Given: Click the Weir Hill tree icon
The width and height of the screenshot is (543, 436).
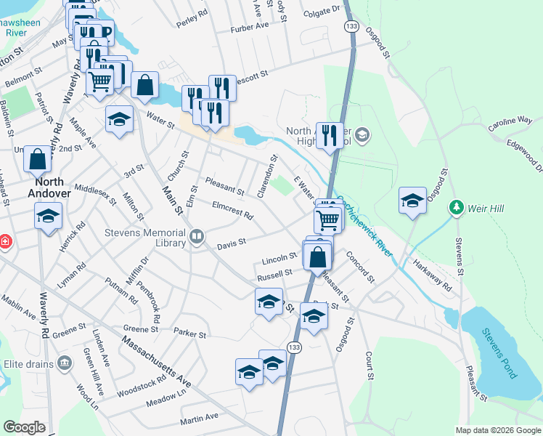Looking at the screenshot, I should pos(456,208).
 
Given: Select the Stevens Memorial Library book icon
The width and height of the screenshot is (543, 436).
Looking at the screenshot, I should pos(196,237).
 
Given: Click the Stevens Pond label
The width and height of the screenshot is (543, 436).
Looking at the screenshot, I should pos(499,353).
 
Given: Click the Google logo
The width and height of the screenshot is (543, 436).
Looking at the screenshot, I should pos(25,427).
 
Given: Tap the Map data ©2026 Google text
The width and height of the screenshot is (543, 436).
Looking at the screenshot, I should pos(497,430).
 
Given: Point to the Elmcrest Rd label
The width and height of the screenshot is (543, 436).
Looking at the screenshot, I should pos(232,211).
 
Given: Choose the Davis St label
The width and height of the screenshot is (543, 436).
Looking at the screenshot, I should pos(232,241).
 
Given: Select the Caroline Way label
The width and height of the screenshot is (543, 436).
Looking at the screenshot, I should pos(510,124).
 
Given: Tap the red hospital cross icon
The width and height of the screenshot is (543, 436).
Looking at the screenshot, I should pos(4,241).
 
